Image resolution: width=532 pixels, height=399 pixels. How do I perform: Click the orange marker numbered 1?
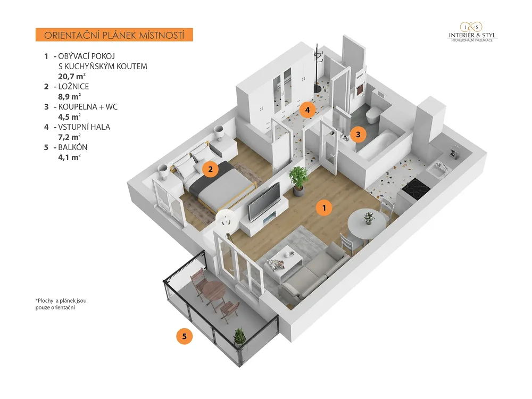324,207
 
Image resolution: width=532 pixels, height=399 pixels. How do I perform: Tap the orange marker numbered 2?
210,169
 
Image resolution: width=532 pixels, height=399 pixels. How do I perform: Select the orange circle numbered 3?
358,135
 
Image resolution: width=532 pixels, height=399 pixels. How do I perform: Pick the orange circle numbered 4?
307,110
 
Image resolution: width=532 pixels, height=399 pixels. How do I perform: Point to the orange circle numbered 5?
184,336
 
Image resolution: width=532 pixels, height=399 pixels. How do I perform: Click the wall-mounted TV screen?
264,202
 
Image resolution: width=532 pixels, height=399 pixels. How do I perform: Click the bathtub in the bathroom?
377,146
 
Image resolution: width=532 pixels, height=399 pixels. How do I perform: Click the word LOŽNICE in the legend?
73,87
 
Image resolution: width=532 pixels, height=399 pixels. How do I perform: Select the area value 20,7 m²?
72,76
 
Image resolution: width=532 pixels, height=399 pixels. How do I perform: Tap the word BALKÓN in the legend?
72,147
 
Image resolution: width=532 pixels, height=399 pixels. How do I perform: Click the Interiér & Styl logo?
472,32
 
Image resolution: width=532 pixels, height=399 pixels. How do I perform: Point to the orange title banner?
114,35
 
